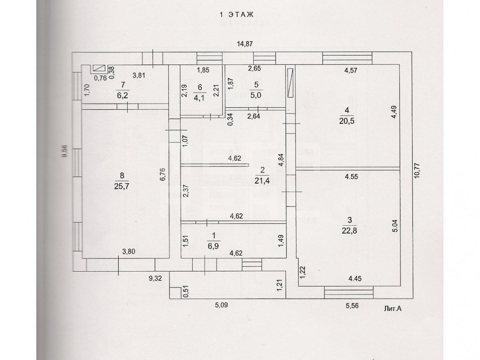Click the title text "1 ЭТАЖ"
[x=237, y=15]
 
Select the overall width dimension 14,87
[x=246, y=44]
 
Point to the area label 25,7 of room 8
[x=122, y=186]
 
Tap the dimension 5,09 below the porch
[x=222, y=306]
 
